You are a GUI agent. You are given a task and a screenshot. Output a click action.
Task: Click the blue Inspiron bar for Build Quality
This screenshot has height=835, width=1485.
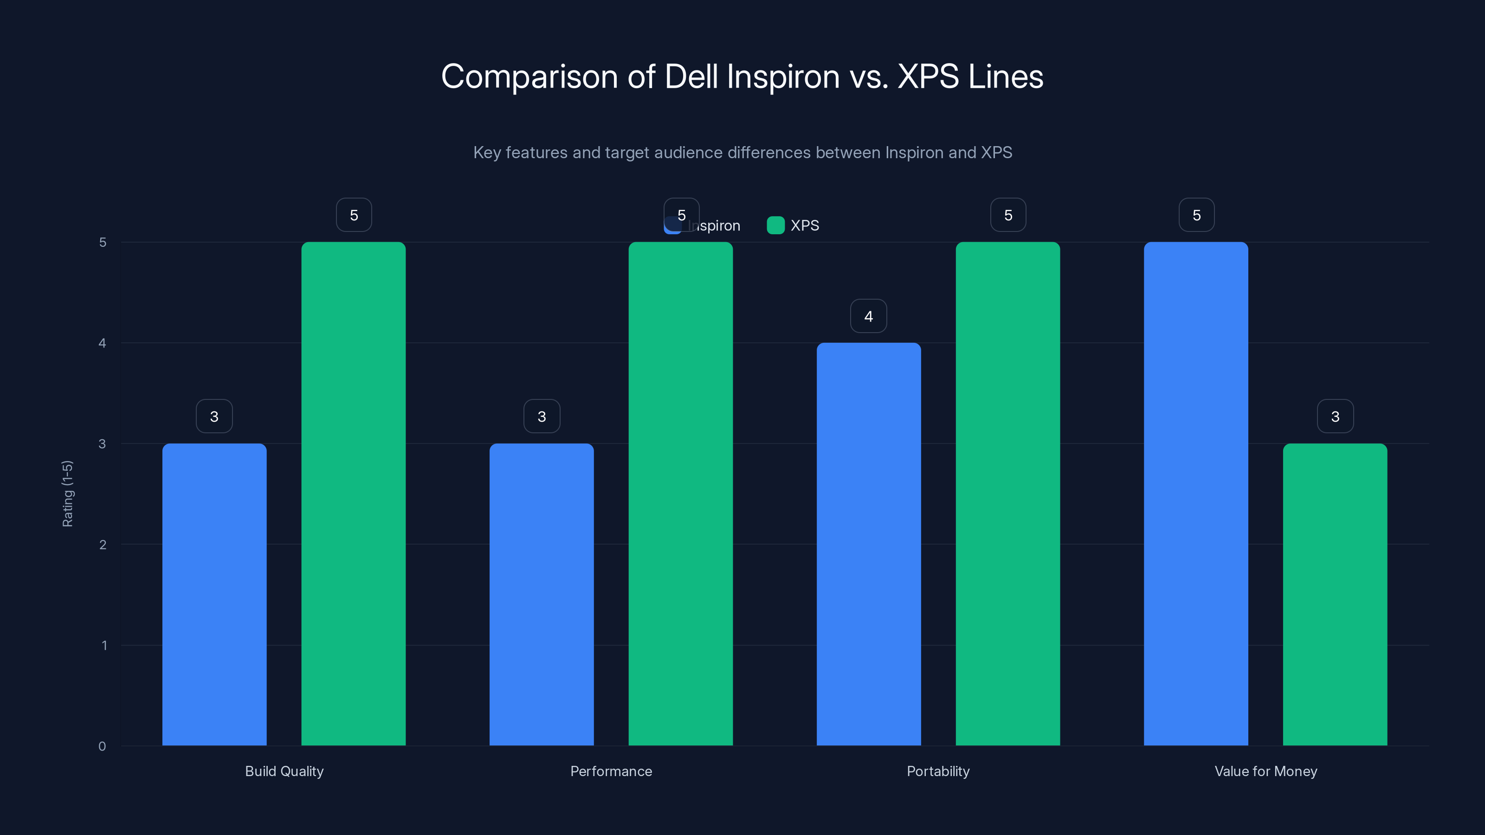click(x=214, y=594)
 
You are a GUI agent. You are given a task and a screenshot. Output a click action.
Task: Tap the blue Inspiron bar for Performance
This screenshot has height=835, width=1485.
click(x=541, y=594)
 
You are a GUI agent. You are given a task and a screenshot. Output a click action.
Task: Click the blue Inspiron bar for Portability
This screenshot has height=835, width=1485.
click(x=868, y=544)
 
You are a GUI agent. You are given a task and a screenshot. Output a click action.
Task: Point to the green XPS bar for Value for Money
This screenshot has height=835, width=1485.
click(x=1335, y=594)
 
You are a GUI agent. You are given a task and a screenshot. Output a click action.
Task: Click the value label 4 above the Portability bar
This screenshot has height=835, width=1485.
click(x=868, y=316)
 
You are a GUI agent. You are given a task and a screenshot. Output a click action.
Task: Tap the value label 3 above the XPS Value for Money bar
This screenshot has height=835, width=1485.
click(x=1335, y=416)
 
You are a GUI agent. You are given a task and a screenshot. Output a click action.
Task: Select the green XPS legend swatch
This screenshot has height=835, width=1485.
click(x=775, y=225)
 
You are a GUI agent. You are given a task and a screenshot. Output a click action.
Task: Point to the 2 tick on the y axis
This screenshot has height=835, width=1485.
click(x=103, y=545)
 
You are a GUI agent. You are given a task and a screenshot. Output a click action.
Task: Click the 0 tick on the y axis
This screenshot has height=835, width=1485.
click(x=102, y=746)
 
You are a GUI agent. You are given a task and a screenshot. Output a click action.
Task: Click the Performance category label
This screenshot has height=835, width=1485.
click(x=611, y=771)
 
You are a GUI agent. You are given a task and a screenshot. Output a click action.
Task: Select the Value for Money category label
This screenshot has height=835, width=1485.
click(x=1265, y=771)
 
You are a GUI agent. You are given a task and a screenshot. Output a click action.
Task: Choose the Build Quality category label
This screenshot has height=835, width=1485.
click(x=284, y=771)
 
